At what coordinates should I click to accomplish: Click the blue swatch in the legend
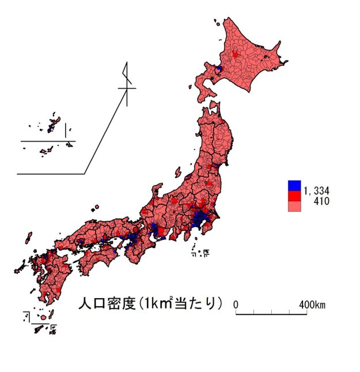pyautogui.click(x=294, y=186)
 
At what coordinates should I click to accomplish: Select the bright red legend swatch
pyautogui.click(x=294, y=196)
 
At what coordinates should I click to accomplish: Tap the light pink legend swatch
pyautogui.click(x=294, y=206)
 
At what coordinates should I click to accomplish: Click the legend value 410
pyautogui.click(x=321, y=202)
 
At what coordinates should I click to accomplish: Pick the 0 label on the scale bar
pyautogui.click(x=236, y=304)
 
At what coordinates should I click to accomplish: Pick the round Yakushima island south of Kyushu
pyautogui.click(x=43, y=317)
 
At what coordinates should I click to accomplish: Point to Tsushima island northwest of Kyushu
pyautogui.click(x=28, y=239)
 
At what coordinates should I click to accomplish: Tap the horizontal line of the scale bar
pyautogui.click(x=271, y=314)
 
